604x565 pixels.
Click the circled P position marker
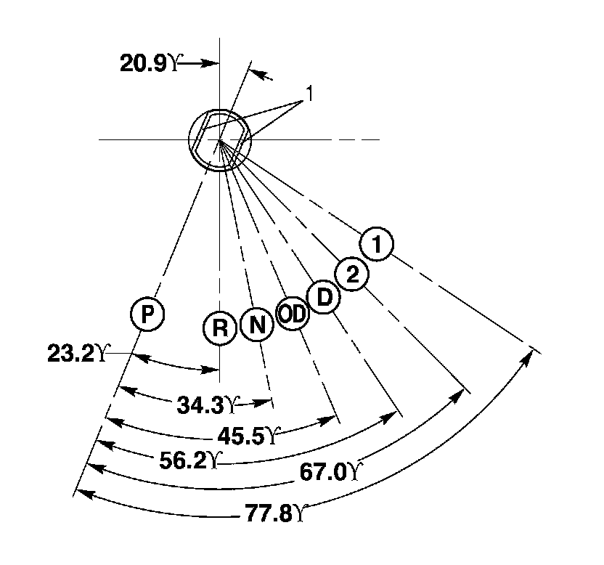(x=147, y=314)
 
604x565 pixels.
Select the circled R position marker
(x=219, y=328)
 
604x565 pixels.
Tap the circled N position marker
(x=257, y=324)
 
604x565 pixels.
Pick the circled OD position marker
(x=293, y=314)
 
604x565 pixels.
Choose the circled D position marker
(x=324, y=298)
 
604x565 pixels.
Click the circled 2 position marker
(x=352, y=274)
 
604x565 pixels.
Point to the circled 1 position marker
(x=377, y=245)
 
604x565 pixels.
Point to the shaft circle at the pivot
(x=219, y=138)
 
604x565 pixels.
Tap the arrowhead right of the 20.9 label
(x=212, y=64)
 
